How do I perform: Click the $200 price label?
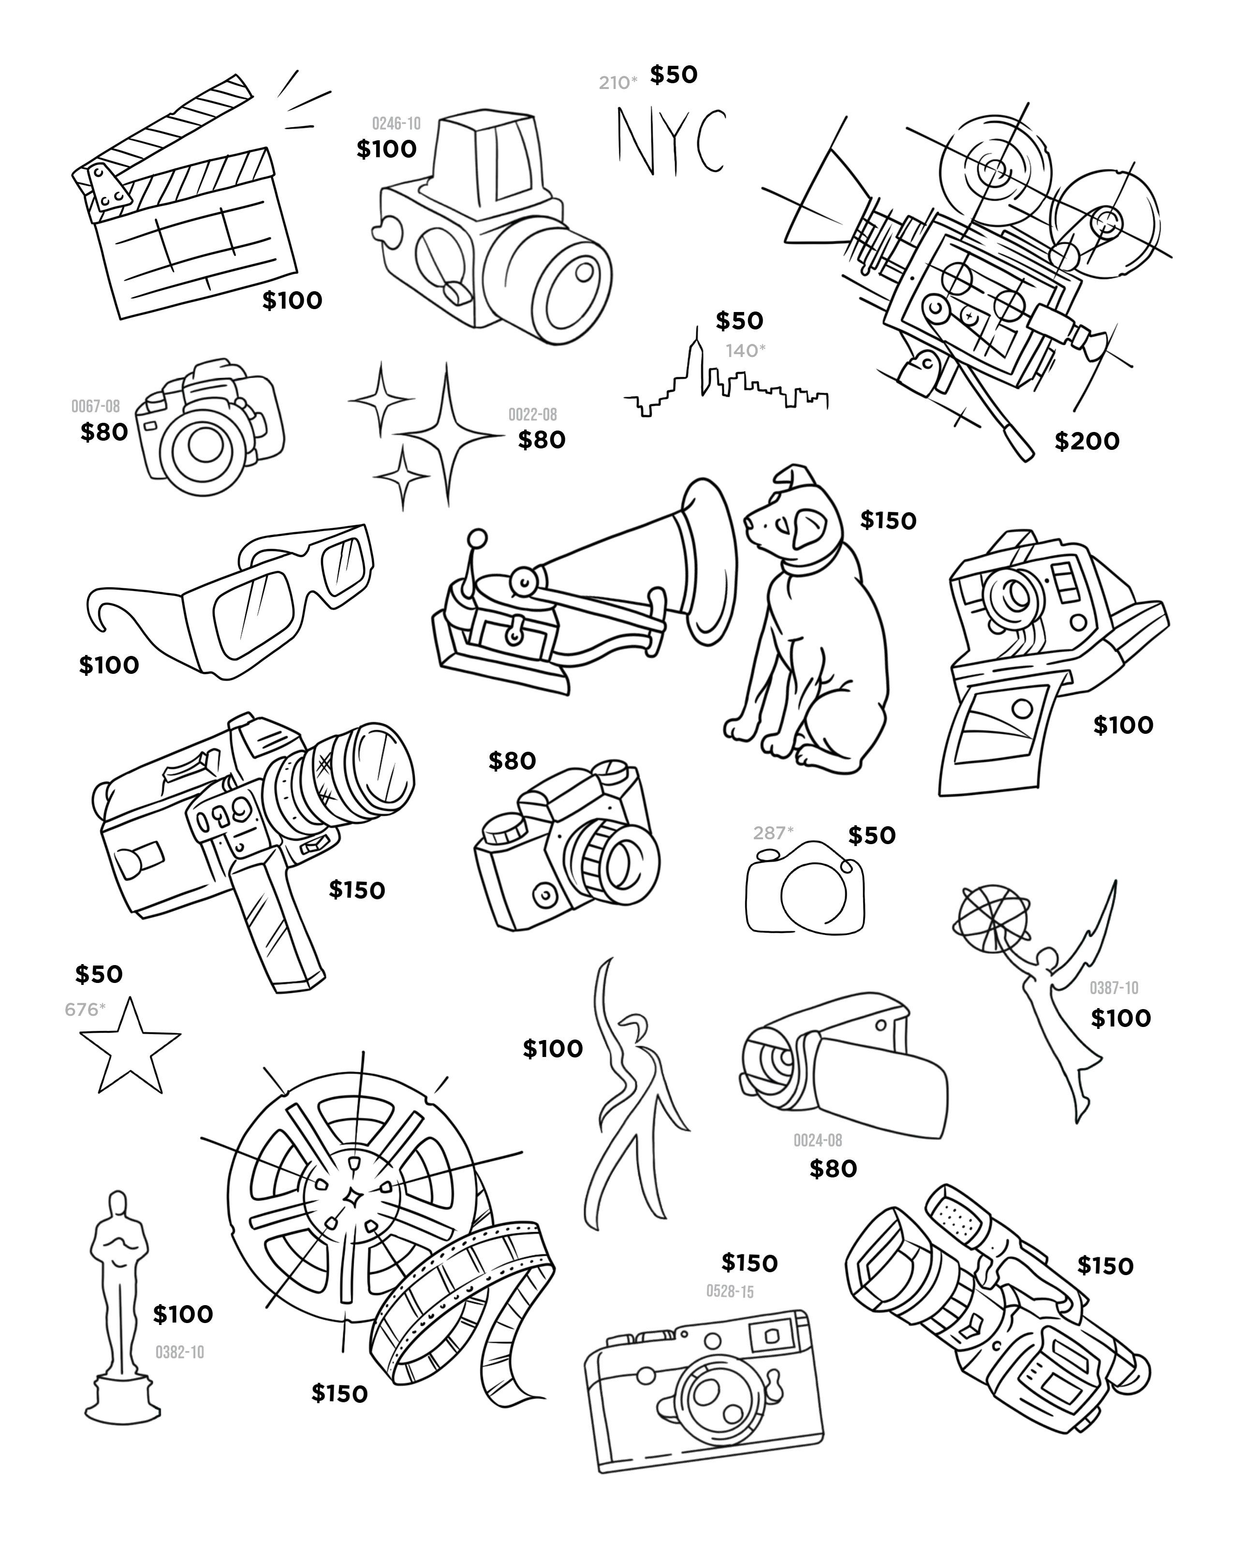tap(1086, 441)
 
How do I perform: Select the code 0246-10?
tap(396, 123)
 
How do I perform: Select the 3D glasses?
tap(244, 603)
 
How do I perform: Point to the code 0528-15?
tap(730, 1292)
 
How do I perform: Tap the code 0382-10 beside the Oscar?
tap(179, 1353)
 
